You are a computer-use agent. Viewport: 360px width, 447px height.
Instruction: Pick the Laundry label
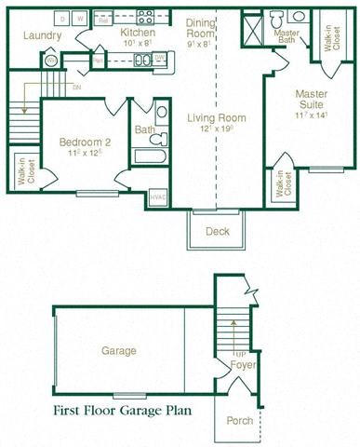(44, 36)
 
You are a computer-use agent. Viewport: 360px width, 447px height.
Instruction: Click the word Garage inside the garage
(119, 351)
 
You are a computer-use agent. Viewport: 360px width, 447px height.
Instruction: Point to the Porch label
(239, 421)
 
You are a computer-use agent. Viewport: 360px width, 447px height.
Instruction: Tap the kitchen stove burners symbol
(145, 15)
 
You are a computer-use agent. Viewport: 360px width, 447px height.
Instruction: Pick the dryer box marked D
(61, 18)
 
